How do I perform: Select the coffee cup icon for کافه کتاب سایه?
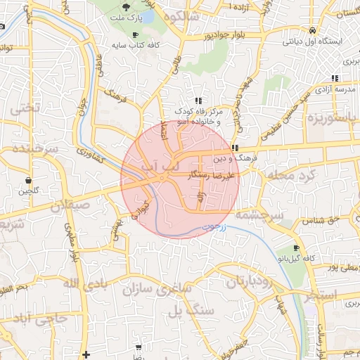point(135,34)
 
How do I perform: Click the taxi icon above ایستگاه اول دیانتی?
point(311,30)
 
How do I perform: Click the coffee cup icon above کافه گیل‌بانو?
point(296,247)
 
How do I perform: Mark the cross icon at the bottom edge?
point(86,354)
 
